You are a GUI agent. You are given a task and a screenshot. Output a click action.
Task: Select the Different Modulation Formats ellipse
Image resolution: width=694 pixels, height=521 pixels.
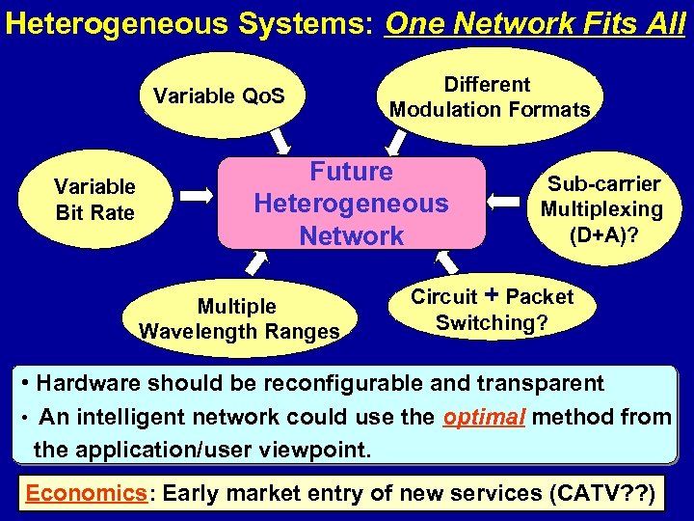(489, 96)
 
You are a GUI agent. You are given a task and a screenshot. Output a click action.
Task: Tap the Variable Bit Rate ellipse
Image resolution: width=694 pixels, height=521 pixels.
(94, 199)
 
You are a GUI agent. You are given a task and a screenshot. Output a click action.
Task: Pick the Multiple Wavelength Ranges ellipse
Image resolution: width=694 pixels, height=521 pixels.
(239, 318)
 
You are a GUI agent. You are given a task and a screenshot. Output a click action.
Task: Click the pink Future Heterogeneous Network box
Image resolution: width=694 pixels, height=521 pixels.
(351, 204)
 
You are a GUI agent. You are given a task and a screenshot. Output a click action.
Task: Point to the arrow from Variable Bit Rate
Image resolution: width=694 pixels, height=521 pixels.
(197, 196)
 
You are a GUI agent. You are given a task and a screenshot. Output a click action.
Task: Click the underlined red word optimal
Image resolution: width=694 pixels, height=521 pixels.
(484, 417)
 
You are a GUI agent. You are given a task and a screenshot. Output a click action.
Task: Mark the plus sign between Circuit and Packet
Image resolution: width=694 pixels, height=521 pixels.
(492, 294)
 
